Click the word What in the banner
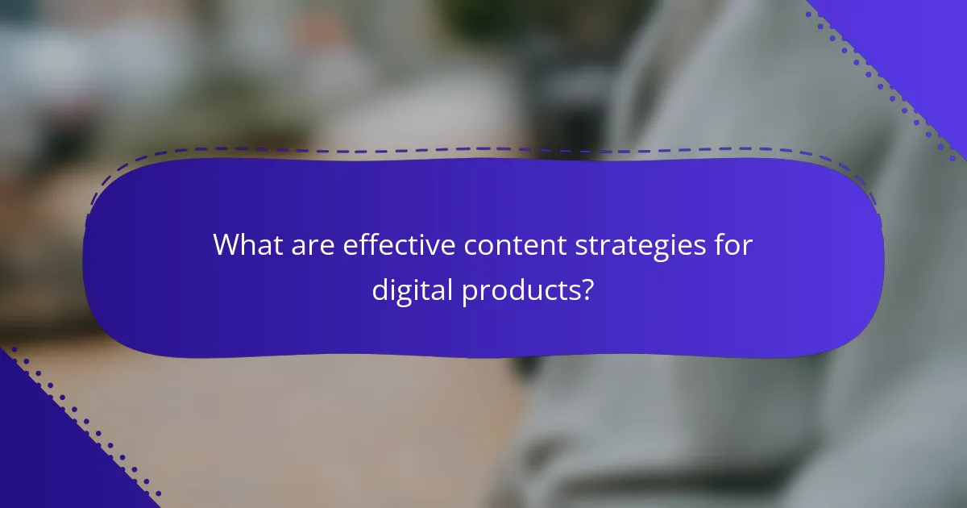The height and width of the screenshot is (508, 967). (x=243, y=245)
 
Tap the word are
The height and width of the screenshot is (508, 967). (x=310, y=245)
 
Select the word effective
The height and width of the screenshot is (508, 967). (x=398, y=245)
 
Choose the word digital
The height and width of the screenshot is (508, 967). (x=412, y=290)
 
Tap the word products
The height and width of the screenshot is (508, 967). (x=519, y=291)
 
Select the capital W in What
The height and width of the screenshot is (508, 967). (x=227, y=245)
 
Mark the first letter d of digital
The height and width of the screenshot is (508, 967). (x=380, y=289)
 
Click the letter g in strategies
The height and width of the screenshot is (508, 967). (x=672, y=249)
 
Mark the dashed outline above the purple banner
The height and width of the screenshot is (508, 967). (x=483, y=149)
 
